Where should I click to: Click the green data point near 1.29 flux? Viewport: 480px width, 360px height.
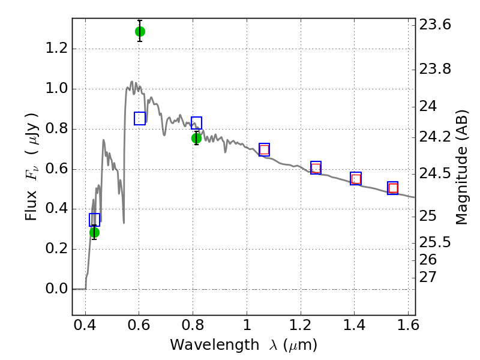pyautogui.click(x=140, y=31)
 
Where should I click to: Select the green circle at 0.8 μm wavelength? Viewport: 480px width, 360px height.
pyautogui.click(x=196, y=139)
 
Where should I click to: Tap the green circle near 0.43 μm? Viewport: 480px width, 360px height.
pyautogui.click(x=94, y=232)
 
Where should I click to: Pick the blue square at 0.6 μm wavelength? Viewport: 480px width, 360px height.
pyautogui.click(x=140, y=118)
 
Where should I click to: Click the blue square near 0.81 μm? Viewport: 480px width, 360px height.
pyautogui.click(x=196, y=123)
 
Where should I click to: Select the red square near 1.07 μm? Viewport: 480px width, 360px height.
pyautogui.click(x=264, y=149)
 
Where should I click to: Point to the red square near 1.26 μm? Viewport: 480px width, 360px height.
pyautogui.click(x=316, y=168)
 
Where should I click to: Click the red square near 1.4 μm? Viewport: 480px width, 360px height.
pyautogui.click(x=356, y=178)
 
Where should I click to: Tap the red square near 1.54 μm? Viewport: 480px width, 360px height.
pyautogui.click(x=393, y=188)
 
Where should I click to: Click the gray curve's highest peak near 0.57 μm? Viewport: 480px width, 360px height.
pyautogui.click(x=132, y=82)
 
